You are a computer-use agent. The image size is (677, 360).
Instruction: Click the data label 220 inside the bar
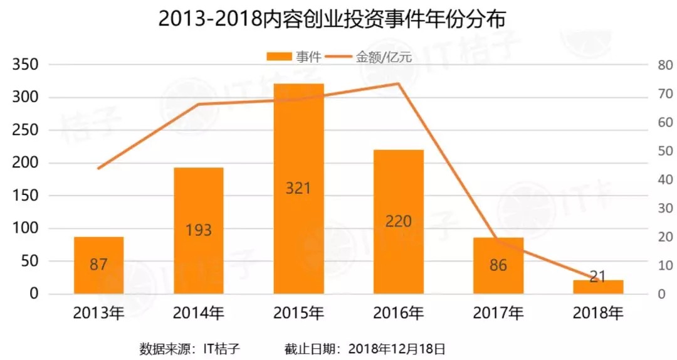pyautogui.click(x=399, y=221)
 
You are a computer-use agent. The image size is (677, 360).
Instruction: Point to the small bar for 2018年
pyautogui.click(x=598, y=287)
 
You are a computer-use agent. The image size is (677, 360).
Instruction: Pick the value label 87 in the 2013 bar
pyautogui.click(x=98, y=264)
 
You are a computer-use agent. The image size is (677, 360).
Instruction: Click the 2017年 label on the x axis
pyautogui.click(x=498, y=312)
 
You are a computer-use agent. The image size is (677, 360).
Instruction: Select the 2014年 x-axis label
pyautogui.click(x=199, y=312)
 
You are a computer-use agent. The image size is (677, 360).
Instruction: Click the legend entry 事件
pyautogui.click(x=295, y=57)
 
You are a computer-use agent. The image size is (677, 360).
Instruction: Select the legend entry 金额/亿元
pyautogui.click(x=374, y=57)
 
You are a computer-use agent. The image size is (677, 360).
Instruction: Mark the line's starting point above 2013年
pyautogui.click(x=98, y=168)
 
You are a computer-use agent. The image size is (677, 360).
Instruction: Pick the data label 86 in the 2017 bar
pyautogui.click(x=498, y=265)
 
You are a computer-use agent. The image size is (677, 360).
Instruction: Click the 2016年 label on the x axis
pyautogui.click(x=399, y=312)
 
